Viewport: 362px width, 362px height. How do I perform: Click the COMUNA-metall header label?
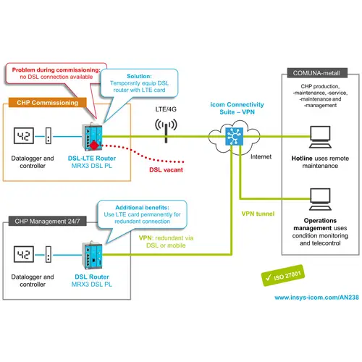click(x=316, y=72)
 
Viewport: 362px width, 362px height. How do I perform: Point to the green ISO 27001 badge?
click(x=292, y=277)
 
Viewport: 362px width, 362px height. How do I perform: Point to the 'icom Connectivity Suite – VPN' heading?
click(x=235, y=109)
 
